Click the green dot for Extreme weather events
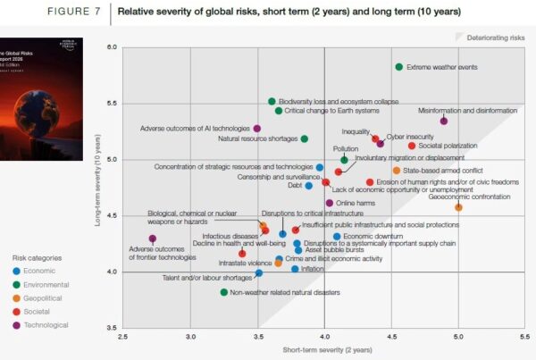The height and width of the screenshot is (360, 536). (398, 67)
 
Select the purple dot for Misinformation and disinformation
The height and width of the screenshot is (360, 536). (444, 121)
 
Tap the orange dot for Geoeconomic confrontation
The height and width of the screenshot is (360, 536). (458, 207)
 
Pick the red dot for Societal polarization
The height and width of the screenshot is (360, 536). (411, 146)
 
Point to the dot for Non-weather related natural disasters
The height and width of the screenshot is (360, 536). (223, 292)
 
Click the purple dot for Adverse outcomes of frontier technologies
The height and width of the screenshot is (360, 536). (153, 239)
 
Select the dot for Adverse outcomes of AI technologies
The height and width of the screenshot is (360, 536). (257, 129)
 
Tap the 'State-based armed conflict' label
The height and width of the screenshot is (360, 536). (442, 170)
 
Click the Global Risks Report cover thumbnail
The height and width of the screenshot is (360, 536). (40, 98)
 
